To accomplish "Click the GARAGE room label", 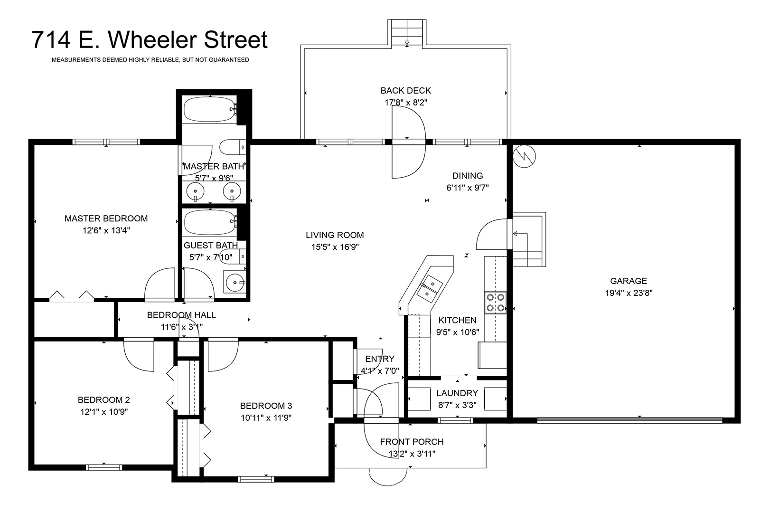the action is click(628, 281).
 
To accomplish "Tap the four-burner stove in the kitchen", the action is click(495, 303).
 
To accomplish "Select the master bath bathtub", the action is click(210, 109).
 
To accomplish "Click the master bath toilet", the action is click(233, 147).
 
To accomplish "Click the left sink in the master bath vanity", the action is click(195, 191).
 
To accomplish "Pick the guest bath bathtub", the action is click(210, 222).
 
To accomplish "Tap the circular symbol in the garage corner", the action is click(524, 156).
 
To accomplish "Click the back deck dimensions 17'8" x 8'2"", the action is click(406, 103).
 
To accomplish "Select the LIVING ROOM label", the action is click(335, 235).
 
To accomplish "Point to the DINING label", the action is click(468, 176).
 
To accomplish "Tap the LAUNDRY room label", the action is click(457, 393).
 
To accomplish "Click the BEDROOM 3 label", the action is click(266, 406).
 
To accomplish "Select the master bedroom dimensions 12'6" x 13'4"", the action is click(106, 230).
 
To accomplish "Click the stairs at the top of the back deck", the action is click(407, 32).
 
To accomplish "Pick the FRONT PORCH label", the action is click(412, 442).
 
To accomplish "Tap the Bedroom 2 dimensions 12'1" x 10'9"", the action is click(104, 412).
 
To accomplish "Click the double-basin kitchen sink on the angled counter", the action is click(430, 289).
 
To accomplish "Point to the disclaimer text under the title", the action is click(150, 60).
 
